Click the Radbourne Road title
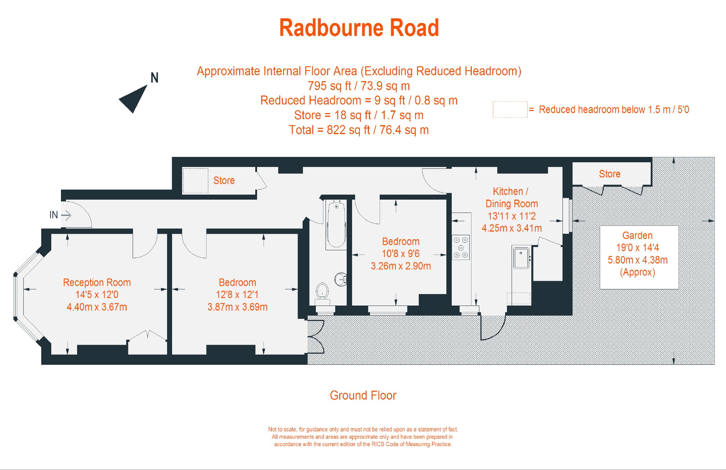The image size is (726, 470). pyautogui.click(x=359, y=28)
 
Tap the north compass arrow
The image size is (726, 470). pyautogui.click(x=134, y=98)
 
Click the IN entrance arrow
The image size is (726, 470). pyautogui.click(x=66, y=215)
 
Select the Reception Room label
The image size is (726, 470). pyautogui.click(x=97, y=283)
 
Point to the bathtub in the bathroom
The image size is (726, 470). pyautogui.click(x=336, y=225)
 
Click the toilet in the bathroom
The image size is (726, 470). pyautogui.click(x=322, y=290)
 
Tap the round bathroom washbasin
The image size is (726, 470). pyautogui.click(x=341, y=279)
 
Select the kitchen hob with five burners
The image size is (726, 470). pyautogui.click(x=461, y=247)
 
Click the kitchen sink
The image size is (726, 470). pyautogui.click(x=521, y=257)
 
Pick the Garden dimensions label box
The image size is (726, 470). pyautogui.click(x=639, y=257)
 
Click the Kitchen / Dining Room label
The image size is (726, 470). pyautogui.click(x=512, y=197)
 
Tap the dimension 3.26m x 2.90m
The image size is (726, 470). pyautogui.click(x=401, y=266)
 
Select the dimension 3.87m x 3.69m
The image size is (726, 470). pyautogui.click(x=237, y=307)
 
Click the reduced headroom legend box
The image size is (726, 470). pyautogui.click(x=510, y=110)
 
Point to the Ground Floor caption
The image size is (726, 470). pyautogui.click(x=363, y=395)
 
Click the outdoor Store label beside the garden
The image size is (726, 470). pyautogui.click(x=609, y=174)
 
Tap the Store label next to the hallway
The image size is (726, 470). pyautogui.click(x=224, y=181)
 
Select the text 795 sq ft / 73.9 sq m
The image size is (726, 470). pyautogui.click(x=359, y=86)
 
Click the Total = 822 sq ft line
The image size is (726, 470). pyautogui.click(x=359, y=130)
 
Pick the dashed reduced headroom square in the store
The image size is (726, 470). pyautogui.click(x=195, y=181)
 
